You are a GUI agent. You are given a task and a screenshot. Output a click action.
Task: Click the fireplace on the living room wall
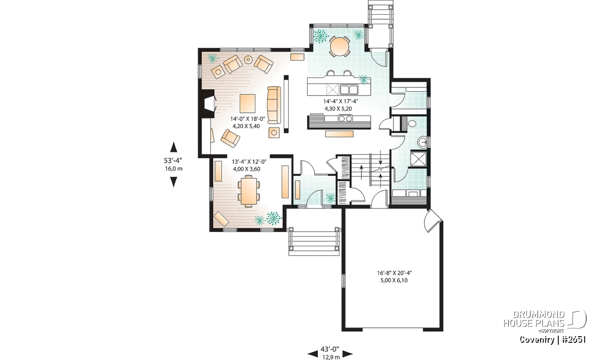[x=207, y=103]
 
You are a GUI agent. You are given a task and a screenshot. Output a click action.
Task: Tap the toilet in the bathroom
[x=412, y=124]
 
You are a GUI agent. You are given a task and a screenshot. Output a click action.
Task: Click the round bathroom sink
[x=423, y=142]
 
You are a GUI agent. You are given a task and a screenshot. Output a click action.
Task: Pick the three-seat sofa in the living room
[x=274, y=105]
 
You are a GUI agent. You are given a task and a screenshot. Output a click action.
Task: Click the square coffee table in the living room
[x=248, y=103]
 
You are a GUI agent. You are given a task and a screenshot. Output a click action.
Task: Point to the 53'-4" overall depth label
[x=173, y=161]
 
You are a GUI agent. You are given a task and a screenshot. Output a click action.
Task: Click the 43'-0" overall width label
[x=330, y=348]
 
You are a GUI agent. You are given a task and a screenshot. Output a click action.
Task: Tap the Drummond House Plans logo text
[x=534, y=319]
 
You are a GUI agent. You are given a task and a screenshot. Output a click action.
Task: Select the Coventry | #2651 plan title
[x=553, y=340]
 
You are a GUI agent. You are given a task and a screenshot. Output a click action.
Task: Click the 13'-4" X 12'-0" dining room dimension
[x=249, y=162]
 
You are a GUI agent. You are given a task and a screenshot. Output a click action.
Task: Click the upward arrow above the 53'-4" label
[x=173, y=147]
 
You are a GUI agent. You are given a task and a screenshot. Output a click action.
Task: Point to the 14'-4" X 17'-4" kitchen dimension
[x=340, y=101]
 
